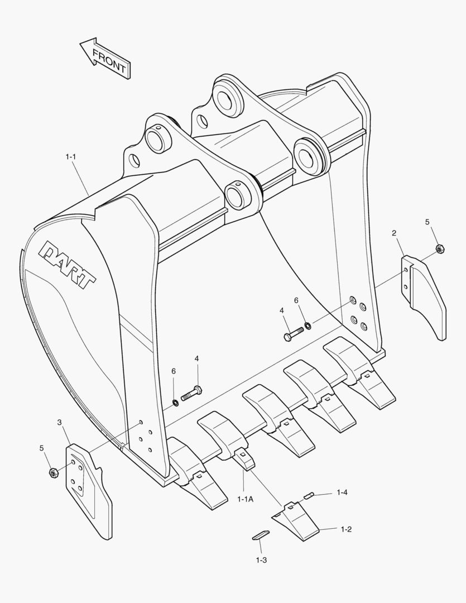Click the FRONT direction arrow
click(104, 58)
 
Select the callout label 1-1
click(70, 157)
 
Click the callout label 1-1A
click(246, 499)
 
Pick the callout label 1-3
click(262, 559)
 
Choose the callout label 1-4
click(342, 492)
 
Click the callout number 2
click(394, 232)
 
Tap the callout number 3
click(59, 422)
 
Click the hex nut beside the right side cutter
click(439, 249)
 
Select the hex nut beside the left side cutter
click(54, 472)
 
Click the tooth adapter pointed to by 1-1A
click(244, 459)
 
